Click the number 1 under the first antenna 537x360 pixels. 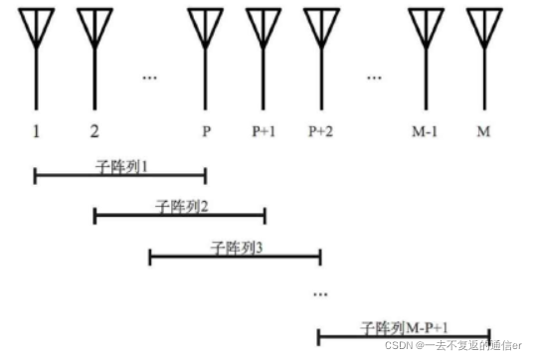click(x=36, y=131)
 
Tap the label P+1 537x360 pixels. click(x=264, y=131)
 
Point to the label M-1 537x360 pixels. click(x=429, y=131)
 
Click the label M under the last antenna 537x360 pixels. click(x=484, y=131)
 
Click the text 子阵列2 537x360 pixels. click(x=180, y=206)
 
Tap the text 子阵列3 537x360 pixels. click(x=236, y=248)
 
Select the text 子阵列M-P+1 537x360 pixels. click(x=402, y=326)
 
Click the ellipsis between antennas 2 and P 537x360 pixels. click(x=150, y=76)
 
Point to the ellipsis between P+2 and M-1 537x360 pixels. click(x=374, y=76)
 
